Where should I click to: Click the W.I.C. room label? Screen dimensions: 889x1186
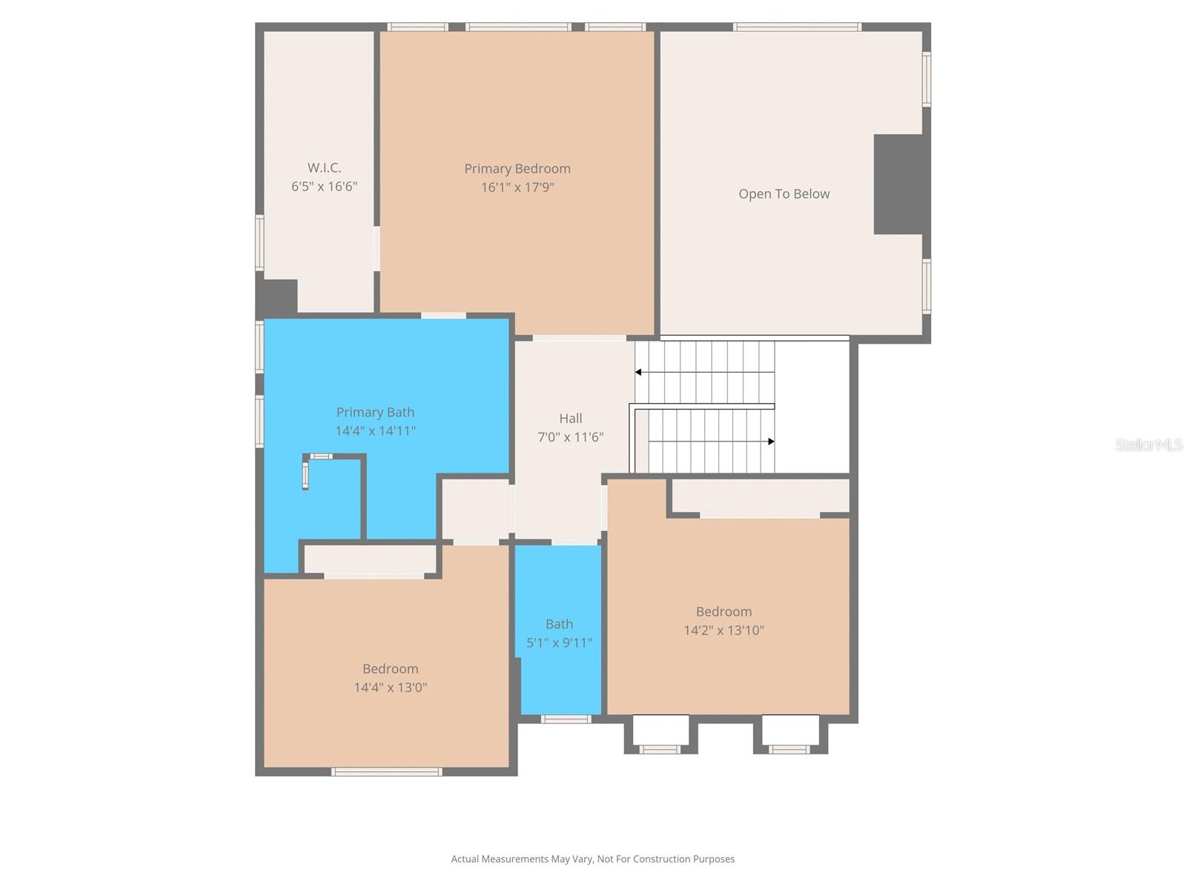(324, 168)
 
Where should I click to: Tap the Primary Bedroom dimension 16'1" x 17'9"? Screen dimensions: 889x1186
(517, 187)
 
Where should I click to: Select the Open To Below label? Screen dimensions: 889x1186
(784, 194)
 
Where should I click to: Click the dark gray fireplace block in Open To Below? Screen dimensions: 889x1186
(899, 184)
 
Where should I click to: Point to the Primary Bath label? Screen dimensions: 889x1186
(375, 413)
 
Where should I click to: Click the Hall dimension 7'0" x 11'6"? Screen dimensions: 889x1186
(570, 437)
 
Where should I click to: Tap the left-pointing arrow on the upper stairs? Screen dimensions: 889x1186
(638, 372)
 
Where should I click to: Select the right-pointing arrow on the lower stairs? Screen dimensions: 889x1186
(771, 442)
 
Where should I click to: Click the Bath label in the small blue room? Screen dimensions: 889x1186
(559, 625)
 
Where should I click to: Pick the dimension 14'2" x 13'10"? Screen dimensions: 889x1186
(723, 630)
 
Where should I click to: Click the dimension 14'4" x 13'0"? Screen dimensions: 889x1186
(390, 687)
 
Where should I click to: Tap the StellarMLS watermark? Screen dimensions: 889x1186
(1148, 444)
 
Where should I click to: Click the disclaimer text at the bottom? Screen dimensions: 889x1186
(592, 859)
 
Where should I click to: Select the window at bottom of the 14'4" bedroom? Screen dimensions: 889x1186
(386, 772)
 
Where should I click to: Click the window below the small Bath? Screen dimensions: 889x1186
(566, 719)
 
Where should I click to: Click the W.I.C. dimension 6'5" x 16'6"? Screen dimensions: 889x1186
(324, 187)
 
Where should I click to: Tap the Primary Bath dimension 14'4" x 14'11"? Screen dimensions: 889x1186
(375, 431)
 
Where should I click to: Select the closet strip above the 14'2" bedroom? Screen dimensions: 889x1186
(760, 496)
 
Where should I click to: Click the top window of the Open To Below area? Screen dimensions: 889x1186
(797, 27)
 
